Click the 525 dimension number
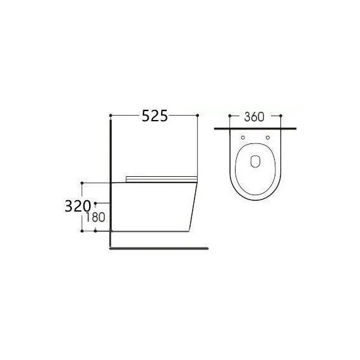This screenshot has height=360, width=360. pos(154,116)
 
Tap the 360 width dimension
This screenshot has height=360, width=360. pos(253,116)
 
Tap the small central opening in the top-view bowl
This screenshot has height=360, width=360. pos(255,161)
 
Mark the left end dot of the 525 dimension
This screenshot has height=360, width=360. pos(111,115)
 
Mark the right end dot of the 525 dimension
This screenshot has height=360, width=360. pos(198,115)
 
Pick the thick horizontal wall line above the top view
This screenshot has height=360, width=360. pos(255,128)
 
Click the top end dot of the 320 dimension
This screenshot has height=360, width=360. pos(82,183)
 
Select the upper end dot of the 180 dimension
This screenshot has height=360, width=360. pos(95,203)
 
